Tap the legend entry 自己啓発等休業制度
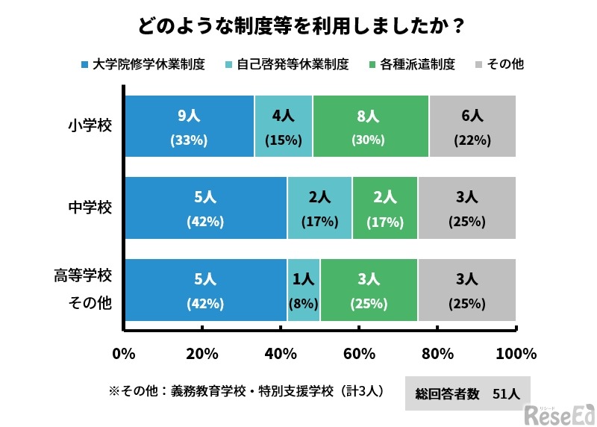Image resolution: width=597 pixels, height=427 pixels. pyautogui.click(x=287, y=64)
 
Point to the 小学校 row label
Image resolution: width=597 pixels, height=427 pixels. pyautogui.click(x=90, y=125)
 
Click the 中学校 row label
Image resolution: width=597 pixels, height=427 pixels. pyautogui.click(x=90, y=208)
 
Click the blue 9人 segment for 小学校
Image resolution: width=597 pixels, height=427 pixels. pyautogui.click(x=189, y=126)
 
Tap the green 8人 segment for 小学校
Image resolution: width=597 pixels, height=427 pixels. pyautogui.click(x=370, y=126)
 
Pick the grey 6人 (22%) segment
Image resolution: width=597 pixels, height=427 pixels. pyautogui.click(x=472, y=126)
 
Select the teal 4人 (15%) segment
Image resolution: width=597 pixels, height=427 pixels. pyautogui.click(x=283, y=126)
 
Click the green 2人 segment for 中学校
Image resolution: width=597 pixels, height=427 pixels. pyautogui.click(x=384, y=208)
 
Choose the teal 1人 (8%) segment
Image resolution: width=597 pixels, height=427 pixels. pyautogui.click(x=303, y=290)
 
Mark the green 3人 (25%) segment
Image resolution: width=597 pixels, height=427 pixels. pyautogui.click(x=369, y=290)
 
